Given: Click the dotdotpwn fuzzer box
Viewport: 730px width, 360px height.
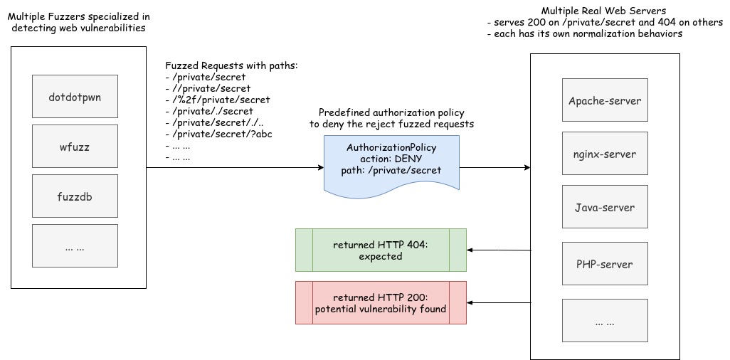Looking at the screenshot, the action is tap(75, 97).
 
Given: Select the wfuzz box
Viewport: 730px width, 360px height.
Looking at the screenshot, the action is tap(75, 147).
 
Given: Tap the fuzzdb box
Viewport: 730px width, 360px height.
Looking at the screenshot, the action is tap(75, 196).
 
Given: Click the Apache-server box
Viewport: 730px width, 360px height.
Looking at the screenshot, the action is tap(605, 100).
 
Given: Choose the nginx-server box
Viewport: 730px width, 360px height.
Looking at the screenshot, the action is tap(605, 154).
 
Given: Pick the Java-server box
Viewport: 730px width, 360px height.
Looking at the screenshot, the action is tap(605, 207).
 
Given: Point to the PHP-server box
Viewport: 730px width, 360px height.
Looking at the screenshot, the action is tap(605, 263).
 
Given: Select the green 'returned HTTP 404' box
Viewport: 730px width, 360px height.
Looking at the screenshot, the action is tap(381, 250).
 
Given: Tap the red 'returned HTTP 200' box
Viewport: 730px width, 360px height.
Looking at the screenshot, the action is tap(381, 302).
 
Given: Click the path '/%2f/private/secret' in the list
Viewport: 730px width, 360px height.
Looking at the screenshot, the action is tap(218, 100).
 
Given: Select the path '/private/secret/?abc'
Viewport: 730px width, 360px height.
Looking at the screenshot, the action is tap(219, 135).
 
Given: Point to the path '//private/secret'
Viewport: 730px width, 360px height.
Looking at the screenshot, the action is tap(208, 88).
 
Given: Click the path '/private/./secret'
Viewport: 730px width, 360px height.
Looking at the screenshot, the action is tap(209, 111).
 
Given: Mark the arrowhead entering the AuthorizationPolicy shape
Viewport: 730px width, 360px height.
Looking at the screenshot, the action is tap(321, 168).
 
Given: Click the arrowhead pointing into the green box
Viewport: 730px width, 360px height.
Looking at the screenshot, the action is tap(470, 250).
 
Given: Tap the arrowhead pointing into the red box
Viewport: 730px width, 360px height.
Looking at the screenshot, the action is tap(470, 302).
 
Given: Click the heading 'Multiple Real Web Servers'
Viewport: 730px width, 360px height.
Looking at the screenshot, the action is tap(603, 11).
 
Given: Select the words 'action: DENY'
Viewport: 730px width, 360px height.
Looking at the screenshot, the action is tap(391, 159).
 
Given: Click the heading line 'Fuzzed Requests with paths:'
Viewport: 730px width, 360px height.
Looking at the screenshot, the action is tap(231, 65).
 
